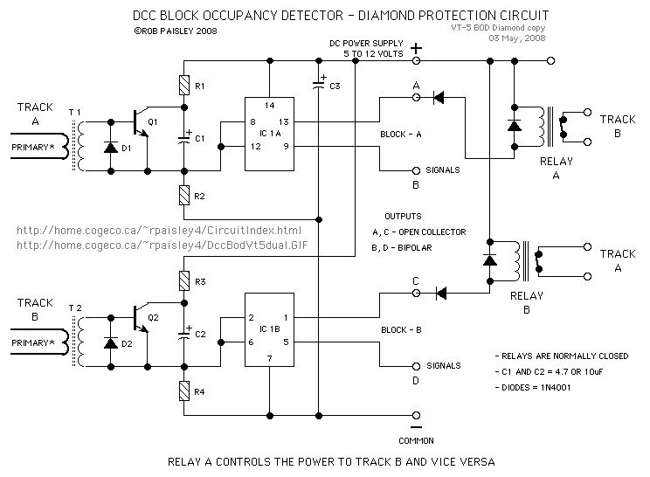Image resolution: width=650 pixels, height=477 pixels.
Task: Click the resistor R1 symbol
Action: click(x=184, y=86)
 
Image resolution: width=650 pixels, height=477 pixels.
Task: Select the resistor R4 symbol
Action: click(x=184, y=391)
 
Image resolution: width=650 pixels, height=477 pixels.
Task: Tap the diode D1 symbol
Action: click(x=111, y=147)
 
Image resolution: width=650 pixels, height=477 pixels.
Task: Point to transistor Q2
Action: click(x=141, y=318)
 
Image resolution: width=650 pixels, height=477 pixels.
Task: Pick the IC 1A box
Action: click(x=269, y=134)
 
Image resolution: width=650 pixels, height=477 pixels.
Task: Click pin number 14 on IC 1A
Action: click(x=269, y=105)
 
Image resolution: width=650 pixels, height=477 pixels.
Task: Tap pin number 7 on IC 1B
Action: click(x=269, y=358)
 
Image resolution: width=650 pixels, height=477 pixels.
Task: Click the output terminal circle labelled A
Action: click(x=416, y=97)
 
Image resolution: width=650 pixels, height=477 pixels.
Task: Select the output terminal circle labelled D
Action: click(x=416, y=366)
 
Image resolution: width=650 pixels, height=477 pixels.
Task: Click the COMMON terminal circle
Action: click(x=416, y=415)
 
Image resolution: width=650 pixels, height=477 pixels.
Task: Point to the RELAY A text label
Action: click(x=557, y=168)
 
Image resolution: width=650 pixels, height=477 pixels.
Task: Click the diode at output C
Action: click(x=441, y=294)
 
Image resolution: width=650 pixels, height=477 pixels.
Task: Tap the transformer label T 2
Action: click(x=75, y=308)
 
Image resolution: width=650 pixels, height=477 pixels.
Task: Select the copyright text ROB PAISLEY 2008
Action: click(x=176, y=31)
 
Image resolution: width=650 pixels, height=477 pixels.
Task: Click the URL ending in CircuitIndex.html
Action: click(x=159, y=231)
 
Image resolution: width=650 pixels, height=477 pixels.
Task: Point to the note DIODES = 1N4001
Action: click(x=533, y=388)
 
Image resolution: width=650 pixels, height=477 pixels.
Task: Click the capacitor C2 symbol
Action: click(x=184, y=333)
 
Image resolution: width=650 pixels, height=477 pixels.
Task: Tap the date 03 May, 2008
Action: click(x=517, y=38)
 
